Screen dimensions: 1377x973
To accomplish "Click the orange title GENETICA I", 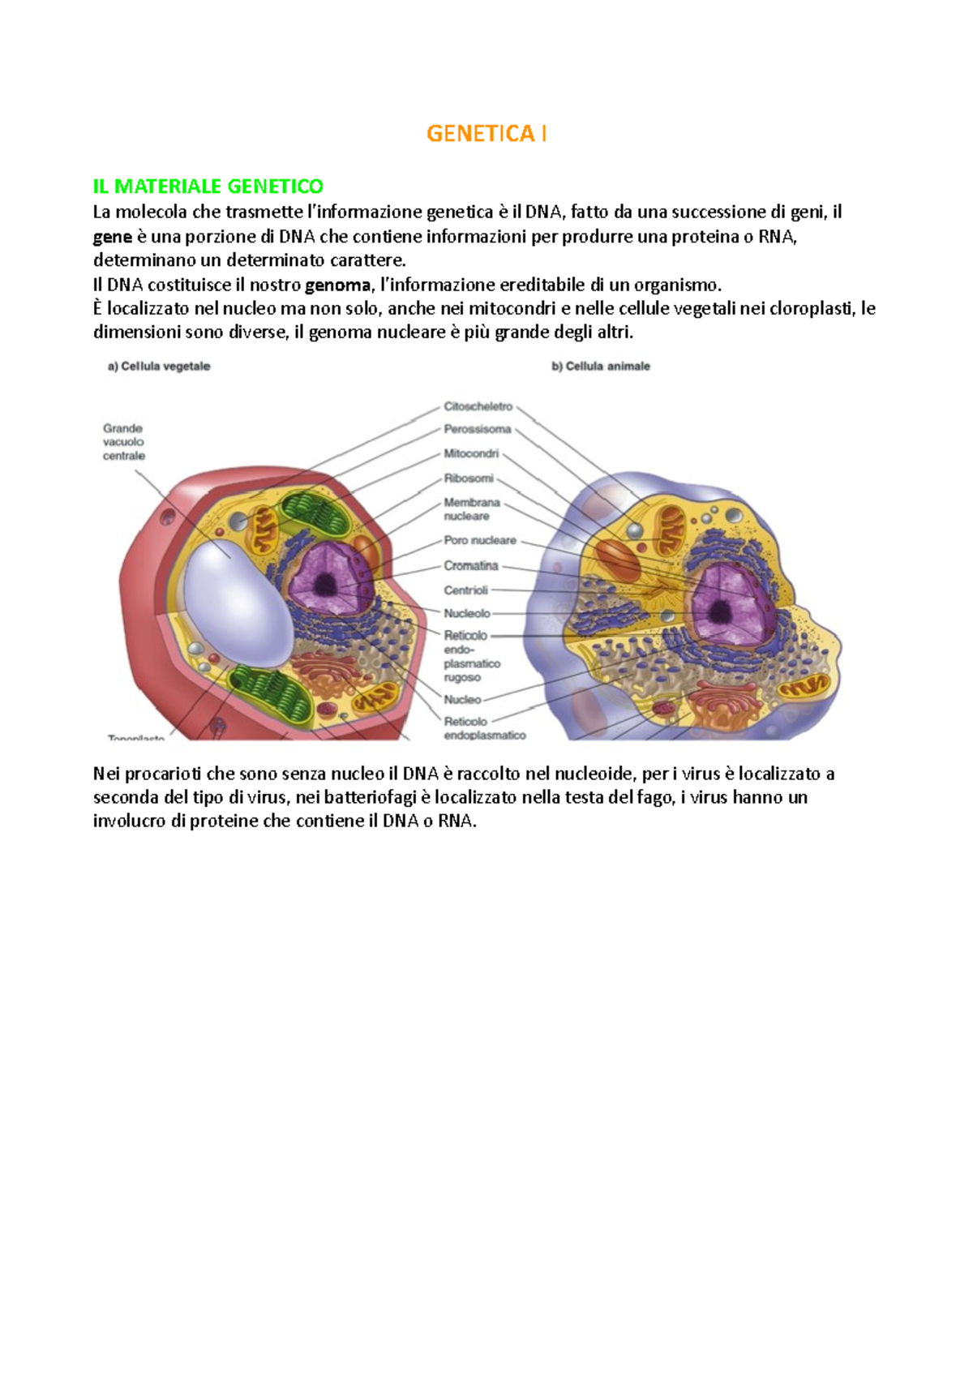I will [486, 134].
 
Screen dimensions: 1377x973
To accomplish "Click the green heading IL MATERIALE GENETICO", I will [208, 187].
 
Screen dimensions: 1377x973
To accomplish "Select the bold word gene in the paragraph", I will [112, 237].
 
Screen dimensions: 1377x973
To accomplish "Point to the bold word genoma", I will [337, 285].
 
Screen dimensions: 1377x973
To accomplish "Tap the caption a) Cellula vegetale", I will [159, 367].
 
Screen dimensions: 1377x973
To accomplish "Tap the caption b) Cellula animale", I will [601, 367].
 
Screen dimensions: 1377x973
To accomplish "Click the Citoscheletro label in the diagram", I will [478, 406].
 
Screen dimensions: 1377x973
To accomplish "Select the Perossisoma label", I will [477, 429].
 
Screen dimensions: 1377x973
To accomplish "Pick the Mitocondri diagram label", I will [470, 453].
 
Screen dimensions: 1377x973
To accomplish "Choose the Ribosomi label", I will [468, 478].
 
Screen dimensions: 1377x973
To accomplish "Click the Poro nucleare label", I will [479, 540].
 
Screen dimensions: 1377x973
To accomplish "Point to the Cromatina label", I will [470, 565].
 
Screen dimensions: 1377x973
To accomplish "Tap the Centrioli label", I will [465, 590].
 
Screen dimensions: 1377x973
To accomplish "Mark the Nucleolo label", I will [466, 613].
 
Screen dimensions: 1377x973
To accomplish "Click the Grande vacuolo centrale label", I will [123, 442].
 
